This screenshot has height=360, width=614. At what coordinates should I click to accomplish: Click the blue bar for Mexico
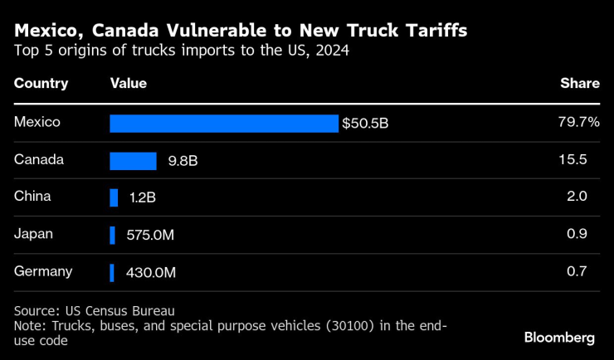(x=224, y=124)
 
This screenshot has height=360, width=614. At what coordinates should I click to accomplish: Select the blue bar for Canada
(x=133, y=161)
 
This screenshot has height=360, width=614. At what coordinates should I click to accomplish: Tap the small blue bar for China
(x=114, y=198)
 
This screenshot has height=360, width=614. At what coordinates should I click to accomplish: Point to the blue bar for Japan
(x=112, y=236)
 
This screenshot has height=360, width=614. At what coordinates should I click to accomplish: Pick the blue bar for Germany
(x=112, y=272)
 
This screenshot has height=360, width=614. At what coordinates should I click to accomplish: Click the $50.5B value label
(x=365, y=124)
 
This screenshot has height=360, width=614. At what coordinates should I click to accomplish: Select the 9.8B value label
(x=182, y=161)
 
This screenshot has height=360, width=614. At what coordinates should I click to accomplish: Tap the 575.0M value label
(x=150, y=236)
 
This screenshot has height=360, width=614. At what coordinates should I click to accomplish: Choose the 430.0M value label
(x=151, y=272)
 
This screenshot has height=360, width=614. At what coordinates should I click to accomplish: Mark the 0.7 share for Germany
(x=577, y=271)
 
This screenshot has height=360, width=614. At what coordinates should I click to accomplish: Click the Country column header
(x=41, y=83)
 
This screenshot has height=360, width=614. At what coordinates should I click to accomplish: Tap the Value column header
(x=129, y=83)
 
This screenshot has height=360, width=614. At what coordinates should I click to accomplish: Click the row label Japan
(x=34, y=234)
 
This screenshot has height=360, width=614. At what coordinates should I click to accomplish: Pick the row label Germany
(x=43, y=271)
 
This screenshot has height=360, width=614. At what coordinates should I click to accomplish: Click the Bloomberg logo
(x=559, y=338)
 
